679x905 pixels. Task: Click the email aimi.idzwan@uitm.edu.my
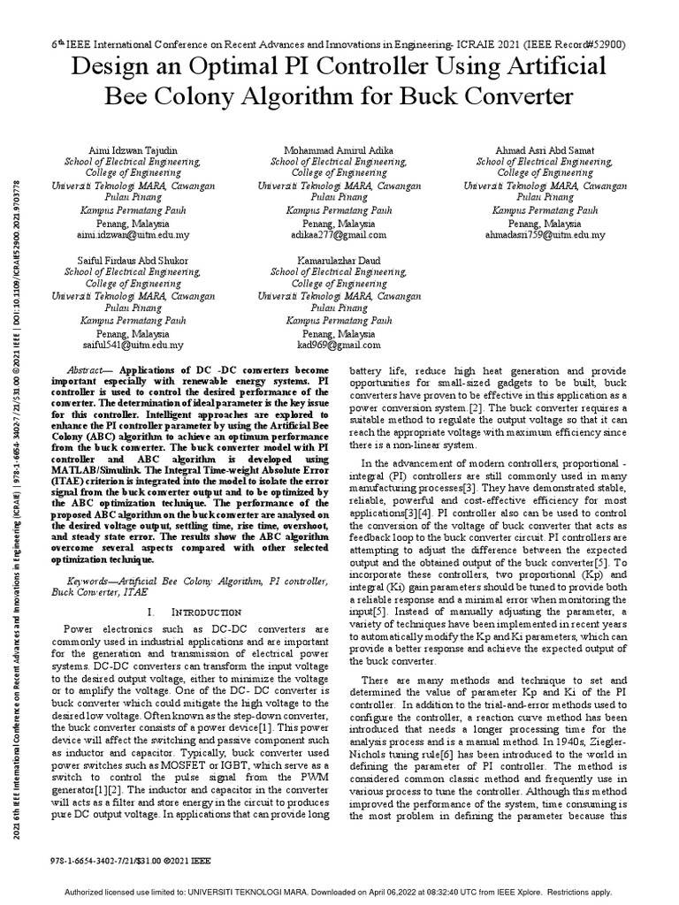click(x=133, y=236)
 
